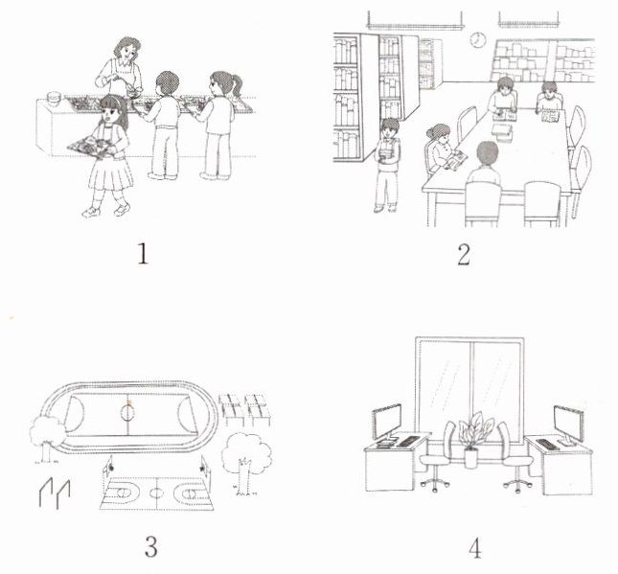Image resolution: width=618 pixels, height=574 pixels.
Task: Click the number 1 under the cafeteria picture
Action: tap(143, 254)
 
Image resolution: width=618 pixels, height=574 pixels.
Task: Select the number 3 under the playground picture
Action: tap(151, 547)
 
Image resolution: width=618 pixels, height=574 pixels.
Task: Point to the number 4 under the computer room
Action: tap(475, 548)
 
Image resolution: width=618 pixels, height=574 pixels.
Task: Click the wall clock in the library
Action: tap(477, 40)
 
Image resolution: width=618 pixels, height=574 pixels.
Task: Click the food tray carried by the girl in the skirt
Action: tap(92, 147)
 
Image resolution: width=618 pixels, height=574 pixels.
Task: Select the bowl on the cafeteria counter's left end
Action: tap(54, 98)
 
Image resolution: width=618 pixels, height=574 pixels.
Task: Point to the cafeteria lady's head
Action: tap(126, 51)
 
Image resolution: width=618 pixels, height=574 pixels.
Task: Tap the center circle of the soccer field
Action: tap(127, 413)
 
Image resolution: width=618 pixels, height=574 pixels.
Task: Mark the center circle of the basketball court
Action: tap(156, 493)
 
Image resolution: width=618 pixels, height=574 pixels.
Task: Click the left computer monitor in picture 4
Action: tap(387, 422)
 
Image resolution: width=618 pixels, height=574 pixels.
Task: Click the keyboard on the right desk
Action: tap(548, 445)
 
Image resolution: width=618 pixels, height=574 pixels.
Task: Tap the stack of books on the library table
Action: tap(502, 131)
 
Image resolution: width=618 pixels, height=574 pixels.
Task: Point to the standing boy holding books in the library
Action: tap(387, 165)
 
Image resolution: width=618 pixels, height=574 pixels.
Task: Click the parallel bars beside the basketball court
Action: tap(55, 493)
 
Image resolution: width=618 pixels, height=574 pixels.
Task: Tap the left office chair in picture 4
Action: tap(437, 457)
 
